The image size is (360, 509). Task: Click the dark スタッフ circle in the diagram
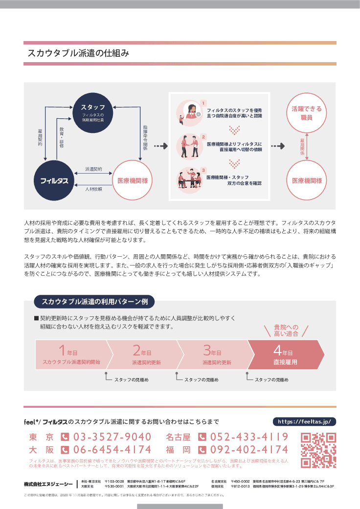(93, 111)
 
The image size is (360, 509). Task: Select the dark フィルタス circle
(54, 181)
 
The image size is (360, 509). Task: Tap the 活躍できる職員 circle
(307, 112)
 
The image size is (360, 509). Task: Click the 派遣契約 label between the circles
(93, 169)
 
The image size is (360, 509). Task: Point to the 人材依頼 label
(93, 189)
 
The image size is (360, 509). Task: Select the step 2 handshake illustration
(189, 145)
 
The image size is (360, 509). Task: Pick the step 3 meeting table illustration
(189, 179)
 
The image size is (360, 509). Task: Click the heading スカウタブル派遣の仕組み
(79, 54)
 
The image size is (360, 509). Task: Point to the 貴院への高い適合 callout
(286, 331)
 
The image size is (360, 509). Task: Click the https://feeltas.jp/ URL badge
(304, 421)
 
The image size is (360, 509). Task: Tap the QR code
(318, 450)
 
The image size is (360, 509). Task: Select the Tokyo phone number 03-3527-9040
(112, 437)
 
